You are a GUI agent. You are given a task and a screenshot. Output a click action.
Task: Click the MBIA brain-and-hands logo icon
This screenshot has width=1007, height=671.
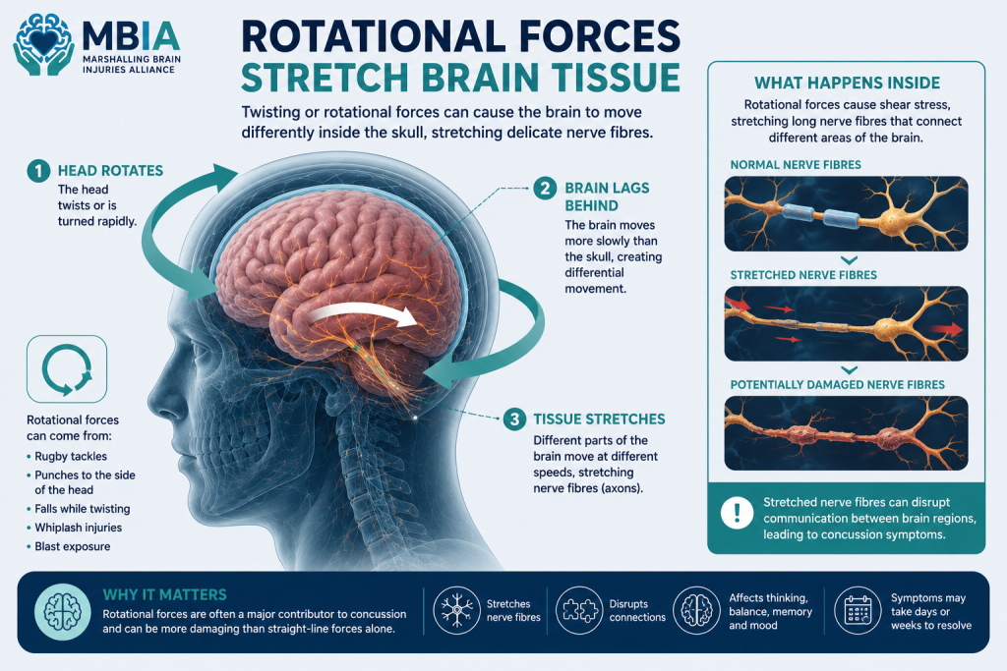pyautogui.click(x=43, y=45)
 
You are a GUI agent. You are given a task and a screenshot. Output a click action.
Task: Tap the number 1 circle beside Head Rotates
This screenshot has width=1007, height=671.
pyautogui.click(x=38, y=171)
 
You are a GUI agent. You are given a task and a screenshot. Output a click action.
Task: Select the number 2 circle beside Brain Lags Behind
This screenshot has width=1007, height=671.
pyautogui.click(x=545, y=189)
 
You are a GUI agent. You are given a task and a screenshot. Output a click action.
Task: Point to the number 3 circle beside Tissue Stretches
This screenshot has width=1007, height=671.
pyautogui.click(x=513, y=419)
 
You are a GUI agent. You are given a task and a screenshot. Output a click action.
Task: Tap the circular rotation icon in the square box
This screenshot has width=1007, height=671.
pyautogui.click(x=67, y=368)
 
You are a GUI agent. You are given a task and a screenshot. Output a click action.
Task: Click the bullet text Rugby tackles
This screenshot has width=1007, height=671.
pyautogui.click(x=71, y=457)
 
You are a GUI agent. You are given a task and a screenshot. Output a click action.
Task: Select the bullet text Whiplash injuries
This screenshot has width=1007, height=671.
pyautogui.click(x=79, y=528)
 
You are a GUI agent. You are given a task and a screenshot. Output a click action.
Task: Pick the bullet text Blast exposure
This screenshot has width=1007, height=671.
pyautogui.click(x=73, y=546)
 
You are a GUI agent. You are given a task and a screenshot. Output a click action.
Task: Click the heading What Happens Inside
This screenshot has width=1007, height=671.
pyautogui.click(x=847, y=83)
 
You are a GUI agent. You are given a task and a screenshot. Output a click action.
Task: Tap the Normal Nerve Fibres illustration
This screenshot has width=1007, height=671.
pyautogui.click(x=846, y=213)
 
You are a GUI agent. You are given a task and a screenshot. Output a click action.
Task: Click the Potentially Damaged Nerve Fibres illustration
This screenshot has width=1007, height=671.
pyautogui.click(x=846, y=433)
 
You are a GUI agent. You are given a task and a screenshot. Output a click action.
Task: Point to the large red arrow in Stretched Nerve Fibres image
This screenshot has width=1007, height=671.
pyautogui.click(x=946, y=330)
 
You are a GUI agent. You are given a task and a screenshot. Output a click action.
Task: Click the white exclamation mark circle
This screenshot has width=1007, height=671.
pyautogui.click(x=737, y=513)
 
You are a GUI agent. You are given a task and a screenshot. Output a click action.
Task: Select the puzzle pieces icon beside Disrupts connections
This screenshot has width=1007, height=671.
pyautogui.click(x=579, y=610)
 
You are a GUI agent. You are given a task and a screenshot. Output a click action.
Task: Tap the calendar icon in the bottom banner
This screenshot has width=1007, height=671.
pyautogui.click(x=858, y=610)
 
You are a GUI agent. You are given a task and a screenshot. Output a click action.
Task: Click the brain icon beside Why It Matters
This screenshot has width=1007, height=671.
pyautogui.click(x=62, y=611)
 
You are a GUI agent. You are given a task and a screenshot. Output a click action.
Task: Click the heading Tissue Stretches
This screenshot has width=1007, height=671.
pyautogui.click(x=599, y=419)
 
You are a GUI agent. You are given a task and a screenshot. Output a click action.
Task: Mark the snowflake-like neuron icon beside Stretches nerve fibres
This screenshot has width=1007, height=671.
pyautogui.click(x=456, y=610)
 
